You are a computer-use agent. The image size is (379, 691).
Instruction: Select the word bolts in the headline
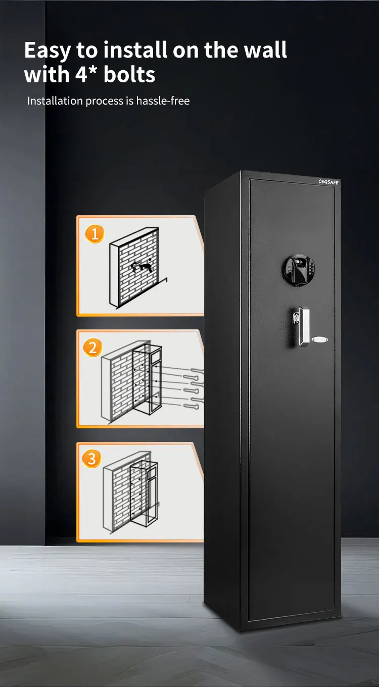tap(129, 75)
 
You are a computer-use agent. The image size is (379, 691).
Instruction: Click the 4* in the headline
tap(87, 75)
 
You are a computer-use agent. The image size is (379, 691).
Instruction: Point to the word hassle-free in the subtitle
tap(163, 101)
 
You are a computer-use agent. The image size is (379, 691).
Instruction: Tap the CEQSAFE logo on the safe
tap(328, 182)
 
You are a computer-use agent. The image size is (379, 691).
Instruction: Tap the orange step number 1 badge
tap(94, 234)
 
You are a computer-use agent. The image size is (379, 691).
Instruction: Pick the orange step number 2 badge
tap(92, 348)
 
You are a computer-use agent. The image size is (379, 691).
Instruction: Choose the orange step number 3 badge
tap(92, 459)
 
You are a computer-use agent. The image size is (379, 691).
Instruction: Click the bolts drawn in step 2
tap(187, 389)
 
